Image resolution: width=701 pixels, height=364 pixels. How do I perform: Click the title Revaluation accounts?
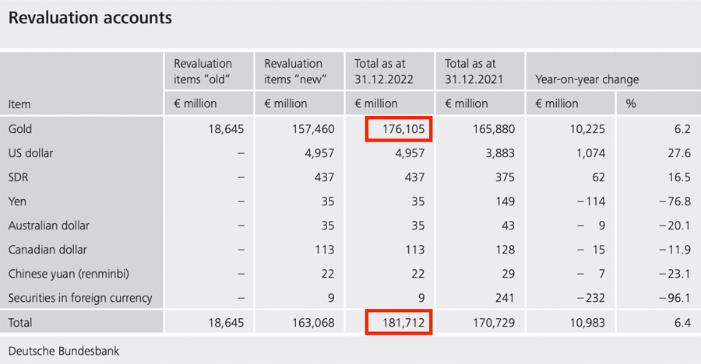coord(90,17)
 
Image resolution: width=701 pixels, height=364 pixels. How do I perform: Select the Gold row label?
coord(20,129)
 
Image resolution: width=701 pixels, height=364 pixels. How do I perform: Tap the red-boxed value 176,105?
coord(398,129)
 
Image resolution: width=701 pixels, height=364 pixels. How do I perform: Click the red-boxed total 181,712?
coord(398,322)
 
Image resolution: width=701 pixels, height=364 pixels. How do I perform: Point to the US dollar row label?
coord(32,153)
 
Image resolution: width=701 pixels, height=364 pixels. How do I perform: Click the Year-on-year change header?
coord(587,79)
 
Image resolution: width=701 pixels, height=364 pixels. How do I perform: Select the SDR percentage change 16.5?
coord(679,177)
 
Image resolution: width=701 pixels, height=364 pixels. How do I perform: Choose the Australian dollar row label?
coord(49,226)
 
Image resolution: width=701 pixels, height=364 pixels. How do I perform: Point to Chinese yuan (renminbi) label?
coord(68,274)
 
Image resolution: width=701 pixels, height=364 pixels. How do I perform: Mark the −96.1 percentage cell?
coord(675,298)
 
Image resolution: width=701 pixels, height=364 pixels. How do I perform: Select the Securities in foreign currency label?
coord(80,298)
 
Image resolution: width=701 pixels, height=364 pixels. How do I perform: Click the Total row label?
coord(20,322)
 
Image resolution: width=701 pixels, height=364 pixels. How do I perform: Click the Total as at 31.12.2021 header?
coord(476,72)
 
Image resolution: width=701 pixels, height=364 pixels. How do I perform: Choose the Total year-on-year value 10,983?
coord(587,322)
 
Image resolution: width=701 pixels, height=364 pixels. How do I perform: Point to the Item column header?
coord(19,103)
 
